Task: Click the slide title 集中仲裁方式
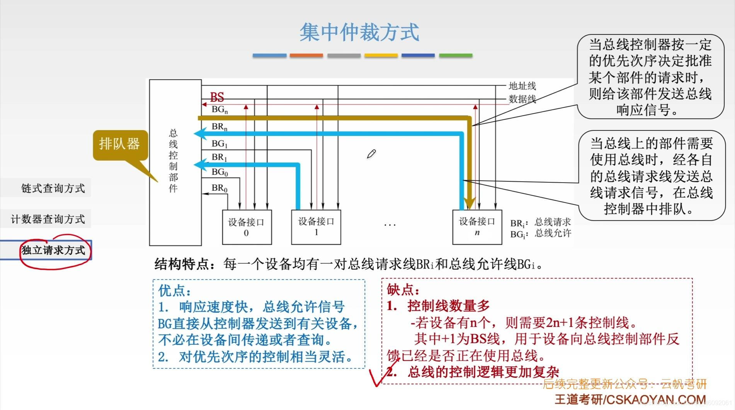(359, 32)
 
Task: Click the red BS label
(217, 97)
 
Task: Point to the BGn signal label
(219, 110)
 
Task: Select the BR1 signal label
(219, 158)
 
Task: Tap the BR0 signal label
(219, 188)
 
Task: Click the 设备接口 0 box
(247, 227)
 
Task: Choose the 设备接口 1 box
(316, 227)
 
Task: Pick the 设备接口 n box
(477, 227)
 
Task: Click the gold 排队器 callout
(120, 144)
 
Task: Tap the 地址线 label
(522, 86)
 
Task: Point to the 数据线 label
(522, 99)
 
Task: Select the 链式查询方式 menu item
(53, 188)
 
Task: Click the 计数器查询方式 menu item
(48, 219)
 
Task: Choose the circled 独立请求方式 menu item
(53, 250)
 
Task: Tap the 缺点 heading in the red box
(403, 290)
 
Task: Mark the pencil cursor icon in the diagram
(371, 154)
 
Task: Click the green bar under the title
(456, 56)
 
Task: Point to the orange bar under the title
(306, 56)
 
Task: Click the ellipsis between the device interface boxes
(390, 224)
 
